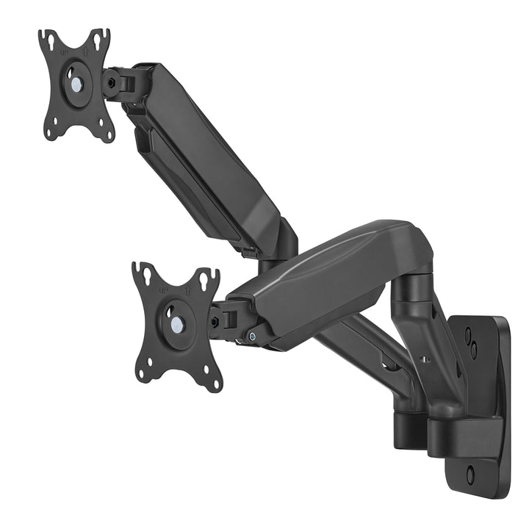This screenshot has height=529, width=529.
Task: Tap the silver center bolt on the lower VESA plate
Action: pyautogui.click(x=177, y=322)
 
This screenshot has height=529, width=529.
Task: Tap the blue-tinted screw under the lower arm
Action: pyautogui.click(x=252, y=337)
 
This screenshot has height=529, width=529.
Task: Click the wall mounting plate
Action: pyautogui.click(x=481, y=397)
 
